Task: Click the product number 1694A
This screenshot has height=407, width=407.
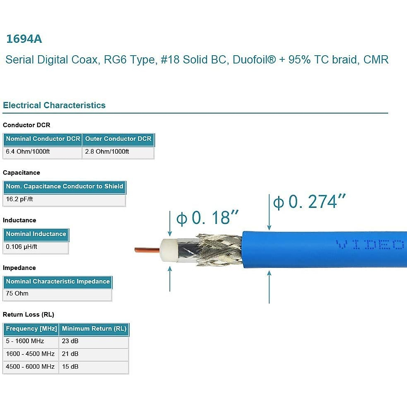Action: [x=24, y=39]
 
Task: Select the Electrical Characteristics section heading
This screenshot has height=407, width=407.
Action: [x=54, y=105]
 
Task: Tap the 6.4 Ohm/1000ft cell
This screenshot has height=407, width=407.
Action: [x=28, y=152]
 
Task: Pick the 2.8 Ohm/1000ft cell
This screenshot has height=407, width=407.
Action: [x=107, y=152]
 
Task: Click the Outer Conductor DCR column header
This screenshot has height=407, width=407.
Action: [x=118, y=139]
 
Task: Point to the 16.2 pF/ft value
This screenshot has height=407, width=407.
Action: [x=19, y=199]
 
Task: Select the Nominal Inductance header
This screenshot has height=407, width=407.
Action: [x=36, y=234]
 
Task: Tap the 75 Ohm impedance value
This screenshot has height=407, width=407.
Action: [x=17, y=293]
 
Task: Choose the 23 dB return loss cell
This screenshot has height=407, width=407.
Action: [x=70, y=341]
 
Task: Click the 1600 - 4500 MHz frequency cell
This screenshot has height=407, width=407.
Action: [x=30, y=354]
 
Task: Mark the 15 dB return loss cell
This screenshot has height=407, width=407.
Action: [x=70, y=367]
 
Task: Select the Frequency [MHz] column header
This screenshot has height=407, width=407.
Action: [x=31, y=329]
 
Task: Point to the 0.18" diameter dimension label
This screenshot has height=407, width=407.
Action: [x=207, y=218]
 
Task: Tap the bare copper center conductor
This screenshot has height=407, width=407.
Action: [x=147, y=250]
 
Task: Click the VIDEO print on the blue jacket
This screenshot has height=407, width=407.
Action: [x=370, y=245]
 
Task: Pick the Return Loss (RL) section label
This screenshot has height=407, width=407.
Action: [x=28, y=315]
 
